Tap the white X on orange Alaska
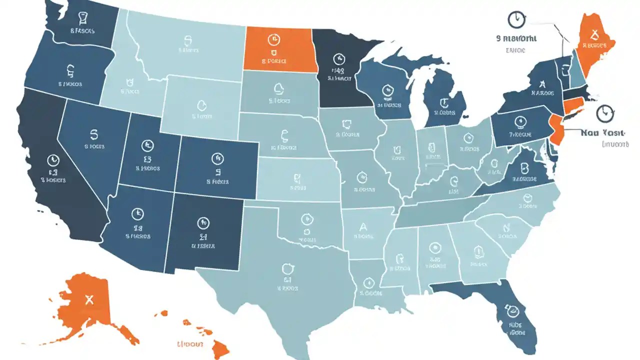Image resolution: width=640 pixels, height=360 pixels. [x=89, y=300]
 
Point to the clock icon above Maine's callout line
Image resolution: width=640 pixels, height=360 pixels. [x=516, y=20]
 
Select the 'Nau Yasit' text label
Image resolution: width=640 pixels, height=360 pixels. [x=603, y=133]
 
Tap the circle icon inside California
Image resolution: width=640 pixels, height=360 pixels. [x=52, y=160]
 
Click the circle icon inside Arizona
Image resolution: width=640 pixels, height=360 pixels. [x=135, y=214]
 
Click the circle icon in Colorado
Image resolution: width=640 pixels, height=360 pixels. [x=216, y=159]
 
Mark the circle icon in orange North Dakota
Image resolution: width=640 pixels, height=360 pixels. [x=273, y=38]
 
